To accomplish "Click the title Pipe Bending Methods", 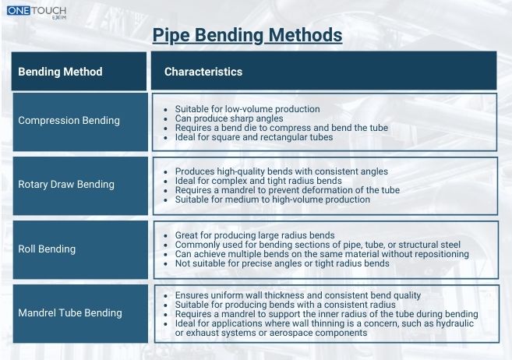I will (x=246, y=35).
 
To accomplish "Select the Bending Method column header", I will (x=60, y=72).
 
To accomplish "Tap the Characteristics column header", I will (x=203, y=72).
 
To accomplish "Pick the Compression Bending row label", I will (x=69, y=121).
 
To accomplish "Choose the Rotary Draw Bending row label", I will (x=66, y=185).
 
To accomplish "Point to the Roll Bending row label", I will (x=47, y=249).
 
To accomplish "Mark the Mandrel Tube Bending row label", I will (x=70, y=313).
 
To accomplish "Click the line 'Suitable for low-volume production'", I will (x=236, y=109).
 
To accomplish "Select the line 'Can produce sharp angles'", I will (x=217, y=118).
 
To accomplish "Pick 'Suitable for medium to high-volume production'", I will (x=272, y=199).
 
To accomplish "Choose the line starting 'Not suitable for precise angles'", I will (x=281, y=263).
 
